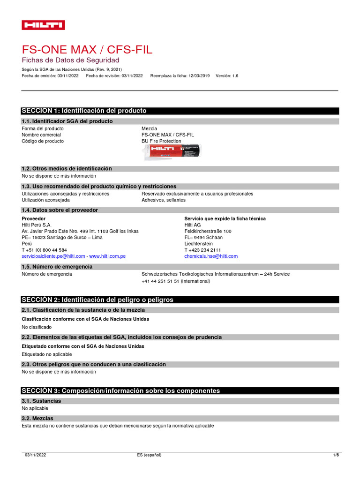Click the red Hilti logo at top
[x=43, y=25]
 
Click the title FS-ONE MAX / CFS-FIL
[x=87, y=50]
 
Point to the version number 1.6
[x=235, y=75]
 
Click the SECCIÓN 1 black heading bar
[x=180, y=111]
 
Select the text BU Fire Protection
[x=161, y=141]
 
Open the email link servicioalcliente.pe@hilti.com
[x=53, y=256]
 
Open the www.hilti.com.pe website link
[x=107, y=256]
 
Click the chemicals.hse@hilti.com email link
[x=211, y=256]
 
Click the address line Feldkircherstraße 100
[x=208, y=232]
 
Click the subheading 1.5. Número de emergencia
[x=57, y=267]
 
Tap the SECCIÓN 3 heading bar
[x=180, y=390]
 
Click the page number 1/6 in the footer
[x=335, y=455]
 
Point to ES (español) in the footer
[x=149, y=455]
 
